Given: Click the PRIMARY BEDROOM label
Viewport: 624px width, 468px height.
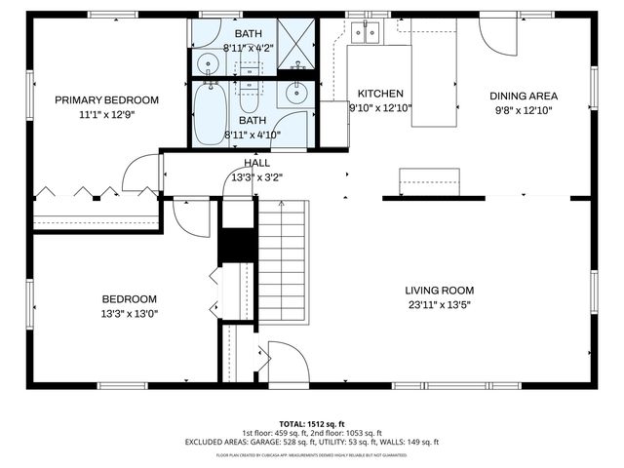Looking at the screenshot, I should click(x=106, y=99).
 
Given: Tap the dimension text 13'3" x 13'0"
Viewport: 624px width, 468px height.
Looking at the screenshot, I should click(x=129, y=314).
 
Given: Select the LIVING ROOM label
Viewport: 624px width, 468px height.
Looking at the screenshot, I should click(x=440, y=290).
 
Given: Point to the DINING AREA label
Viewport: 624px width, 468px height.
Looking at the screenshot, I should click(x=523, y=96).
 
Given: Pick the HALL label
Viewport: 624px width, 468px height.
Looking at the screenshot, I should click(x=257, y=164).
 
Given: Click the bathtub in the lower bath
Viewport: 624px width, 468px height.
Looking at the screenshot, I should click(x=208, y=114).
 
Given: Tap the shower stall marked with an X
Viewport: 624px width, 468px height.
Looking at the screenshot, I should click(x=297, y=43).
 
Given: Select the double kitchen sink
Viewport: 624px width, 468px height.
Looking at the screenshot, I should click(x=368, y=34).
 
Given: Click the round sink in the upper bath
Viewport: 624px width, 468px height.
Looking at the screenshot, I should click(x=209, y=65).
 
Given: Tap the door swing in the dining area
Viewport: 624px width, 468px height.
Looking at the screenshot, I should click(x=502, y=37).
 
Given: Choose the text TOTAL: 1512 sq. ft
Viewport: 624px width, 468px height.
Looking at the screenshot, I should click(x=311, y=424).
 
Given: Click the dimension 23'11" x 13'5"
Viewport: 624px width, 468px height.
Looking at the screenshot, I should click(x=440, y=304).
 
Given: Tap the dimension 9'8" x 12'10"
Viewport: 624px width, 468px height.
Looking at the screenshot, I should click(x=523, y=110).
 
